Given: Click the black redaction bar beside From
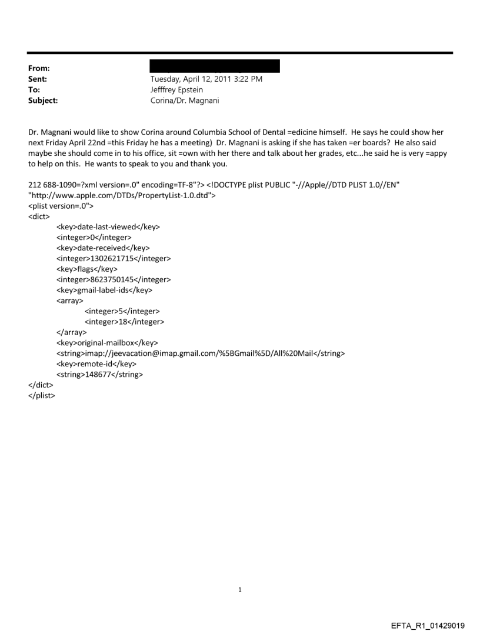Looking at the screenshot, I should tap(215, 66).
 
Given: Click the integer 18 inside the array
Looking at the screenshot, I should tap(124, 322).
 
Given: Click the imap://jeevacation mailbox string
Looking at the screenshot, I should tap(200, 353).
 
